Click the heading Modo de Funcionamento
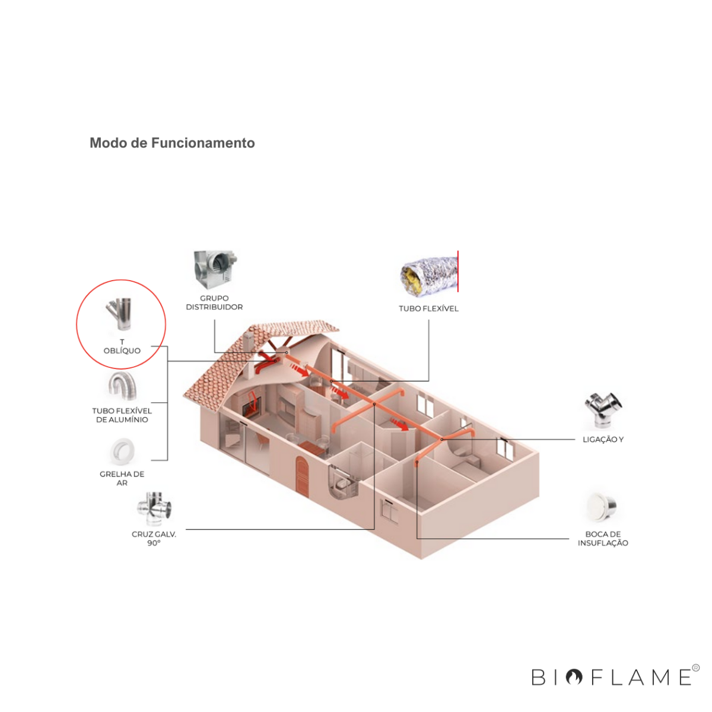click(172, 143)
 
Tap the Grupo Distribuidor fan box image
click(215, 269)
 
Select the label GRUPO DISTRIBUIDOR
click(214, 303)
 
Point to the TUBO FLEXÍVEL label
click(428, 309)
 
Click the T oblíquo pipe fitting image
click(119, 314)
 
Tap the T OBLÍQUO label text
click(122, 347)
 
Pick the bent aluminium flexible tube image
click(122, 386)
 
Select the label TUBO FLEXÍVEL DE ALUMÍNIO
click(122, 415)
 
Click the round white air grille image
click(122, 452)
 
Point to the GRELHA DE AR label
click(122, 478)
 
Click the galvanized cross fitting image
click(154, 508)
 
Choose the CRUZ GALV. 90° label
click(154, 538)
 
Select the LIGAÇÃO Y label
click(603, 439)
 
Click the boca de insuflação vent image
click(602, 507)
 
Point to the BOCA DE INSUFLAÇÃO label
click(603, 538)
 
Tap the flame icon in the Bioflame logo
click(574, 677)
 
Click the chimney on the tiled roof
click(247, 342)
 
